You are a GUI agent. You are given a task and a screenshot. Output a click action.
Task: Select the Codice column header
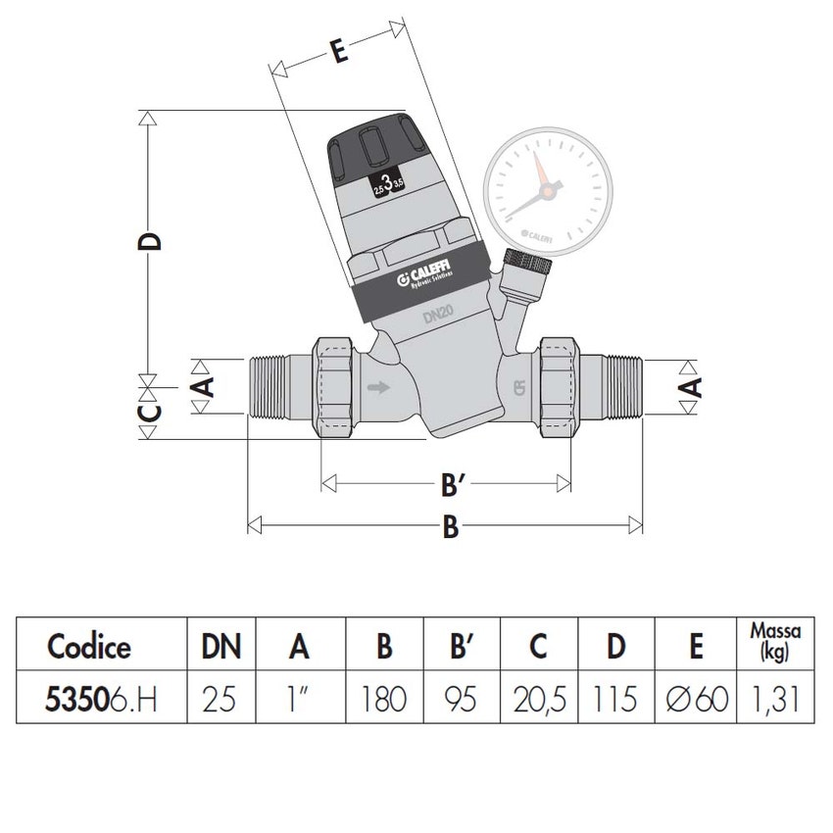(89, 647)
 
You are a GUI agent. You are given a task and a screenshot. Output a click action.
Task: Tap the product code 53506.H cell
(102, 700)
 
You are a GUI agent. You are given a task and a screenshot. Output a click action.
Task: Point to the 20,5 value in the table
(538, 700)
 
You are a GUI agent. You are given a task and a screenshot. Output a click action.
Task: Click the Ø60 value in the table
(696, 700)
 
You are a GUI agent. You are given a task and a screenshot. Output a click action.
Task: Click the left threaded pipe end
(276, 387)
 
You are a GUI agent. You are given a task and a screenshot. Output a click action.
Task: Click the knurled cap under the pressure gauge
(527, 263)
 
